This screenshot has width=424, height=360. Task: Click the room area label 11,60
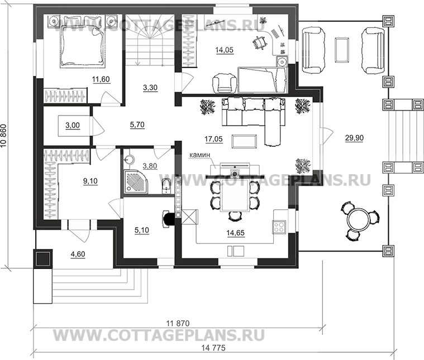pos(101,79)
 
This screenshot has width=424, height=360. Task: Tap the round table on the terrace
pos(358,218)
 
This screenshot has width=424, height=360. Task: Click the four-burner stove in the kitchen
pos(278,227)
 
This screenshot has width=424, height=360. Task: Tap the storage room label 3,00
pos(72,126)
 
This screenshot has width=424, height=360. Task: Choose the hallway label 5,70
pos(137,125)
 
